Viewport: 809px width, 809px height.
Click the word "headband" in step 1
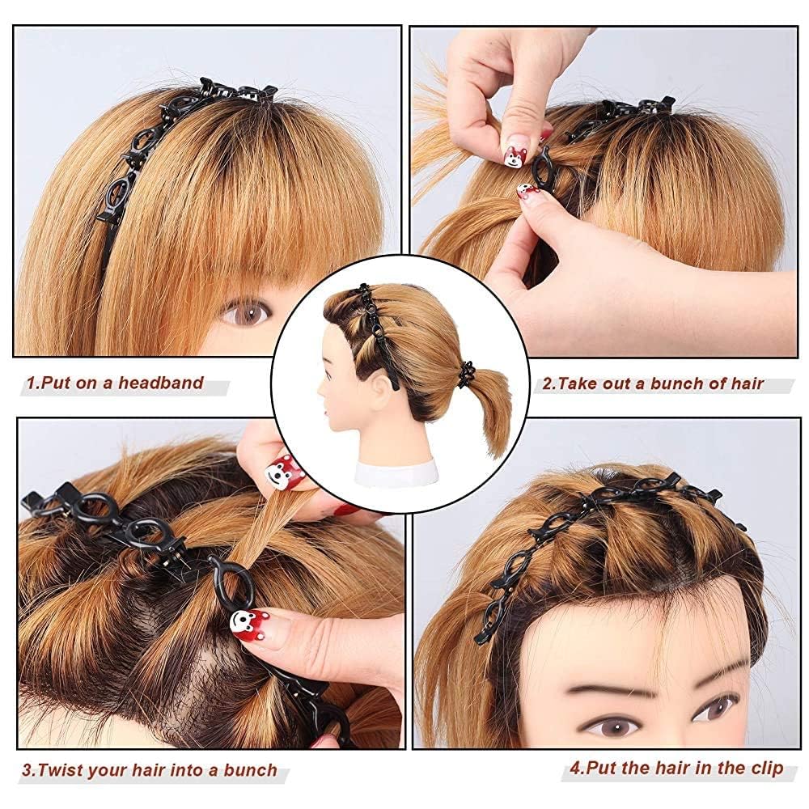[161, 383]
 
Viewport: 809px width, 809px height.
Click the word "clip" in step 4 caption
[765, 768]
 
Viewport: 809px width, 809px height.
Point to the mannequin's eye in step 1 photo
[245, 311]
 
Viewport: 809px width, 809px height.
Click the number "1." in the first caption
[32, 383]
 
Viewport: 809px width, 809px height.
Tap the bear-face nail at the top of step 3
[277, 472]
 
